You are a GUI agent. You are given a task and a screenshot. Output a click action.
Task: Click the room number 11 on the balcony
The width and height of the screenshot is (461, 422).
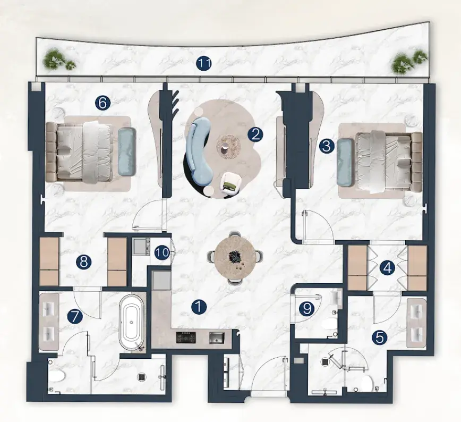pyautogui.click(x=204, y=64)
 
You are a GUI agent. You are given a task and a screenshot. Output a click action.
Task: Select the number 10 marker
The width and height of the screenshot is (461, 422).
pyautogui.click(x=163, y=252)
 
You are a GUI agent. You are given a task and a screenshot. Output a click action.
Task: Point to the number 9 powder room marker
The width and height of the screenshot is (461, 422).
pyautogui.click(x=307, y=308)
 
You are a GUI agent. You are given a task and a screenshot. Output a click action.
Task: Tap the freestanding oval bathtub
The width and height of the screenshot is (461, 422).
pyautogui.click(x=132, y=323)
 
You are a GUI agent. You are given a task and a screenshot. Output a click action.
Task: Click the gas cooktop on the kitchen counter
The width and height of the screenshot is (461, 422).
pyautogui.click(x=186, y=337)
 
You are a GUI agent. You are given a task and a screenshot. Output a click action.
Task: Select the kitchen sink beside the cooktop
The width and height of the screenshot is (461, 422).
pyautogui.click(x=217, y=337)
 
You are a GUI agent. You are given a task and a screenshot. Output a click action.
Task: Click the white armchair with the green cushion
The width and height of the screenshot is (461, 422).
pyautogui.click(x=231, y=183)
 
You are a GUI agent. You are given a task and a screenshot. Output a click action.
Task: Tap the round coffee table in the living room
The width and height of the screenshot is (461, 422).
pyautogui.click(x=229, y=147)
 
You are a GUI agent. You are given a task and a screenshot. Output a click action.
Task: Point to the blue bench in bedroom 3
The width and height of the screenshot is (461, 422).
pyautogui.click(x=345, y=162)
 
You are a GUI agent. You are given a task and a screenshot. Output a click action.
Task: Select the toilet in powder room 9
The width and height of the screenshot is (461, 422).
pyautogui.click(x=329, y=324)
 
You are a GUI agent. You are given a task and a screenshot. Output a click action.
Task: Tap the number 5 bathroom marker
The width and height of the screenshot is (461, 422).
pyautogui.click(x=380, y=337)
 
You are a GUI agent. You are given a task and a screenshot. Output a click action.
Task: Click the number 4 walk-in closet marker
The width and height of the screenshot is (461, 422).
pyautogui.click(x=388, y=268)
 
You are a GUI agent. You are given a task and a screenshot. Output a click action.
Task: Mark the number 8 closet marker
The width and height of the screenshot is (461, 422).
pyautogui.click(x=84, y=261)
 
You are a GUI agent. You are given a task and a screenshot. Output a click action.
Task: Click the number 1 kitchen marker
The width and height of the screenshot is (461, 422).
pyautogui.click(x=199, y=307)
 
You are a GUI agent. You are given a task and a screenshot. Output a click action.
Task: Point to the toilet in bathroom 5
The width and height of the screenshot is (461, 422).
pyautogui.click(x=367, y=383)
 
